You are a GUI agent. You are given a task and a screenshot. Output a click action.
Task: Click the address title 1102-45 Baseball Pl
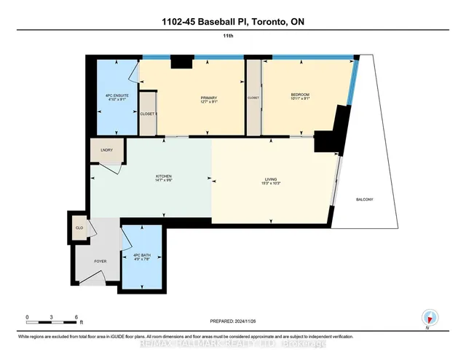[232, 23]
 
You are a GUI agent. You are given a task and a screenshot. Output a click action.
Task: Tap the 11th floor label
[233, 42]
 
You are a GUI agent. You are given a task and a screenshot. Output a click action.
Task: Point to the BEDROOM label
[300, 94]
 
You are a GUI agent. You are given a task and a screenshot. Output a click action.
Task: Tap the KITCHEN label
[164, 177]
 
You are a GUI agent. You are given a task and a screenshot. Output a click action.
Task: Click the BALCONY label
[366, 199]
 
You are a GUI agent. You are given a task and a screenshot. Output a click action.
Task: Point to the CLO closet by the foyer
[79, 227]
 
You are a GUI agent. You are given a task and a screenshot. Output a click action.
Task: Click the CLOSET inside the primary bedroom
[148, 114]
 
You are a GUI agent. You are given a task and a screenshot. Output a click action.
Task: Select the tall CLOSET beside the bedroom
[253, 97]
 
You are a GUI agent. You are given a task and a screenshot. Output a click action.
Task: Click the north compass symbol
[429, 317]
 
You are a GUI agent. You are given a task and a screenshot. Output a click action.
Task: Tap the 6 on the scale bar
[76, 317]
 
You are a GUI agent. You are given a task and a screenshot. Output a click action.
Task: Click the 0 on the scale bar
[27, 317]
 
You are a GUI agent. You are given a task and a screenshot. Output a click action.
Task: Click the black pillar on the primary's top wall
[181, 63]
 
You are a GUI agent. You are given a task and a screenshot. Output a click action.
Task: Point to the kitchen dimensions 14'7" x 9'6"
[164, 181]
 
